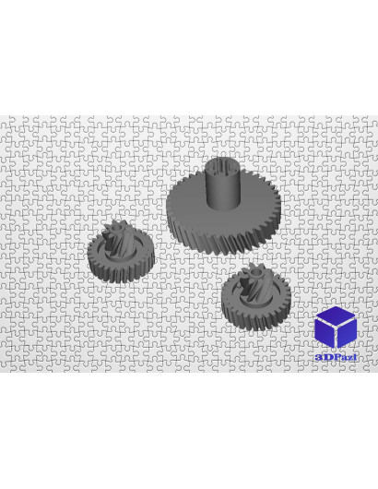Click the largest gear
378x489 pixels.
(x=223, y=209)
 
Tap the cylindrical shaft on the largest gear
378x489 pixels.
(x=223, y=184)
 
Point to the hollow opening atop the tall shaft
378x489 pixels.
(x=223, y=164)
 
